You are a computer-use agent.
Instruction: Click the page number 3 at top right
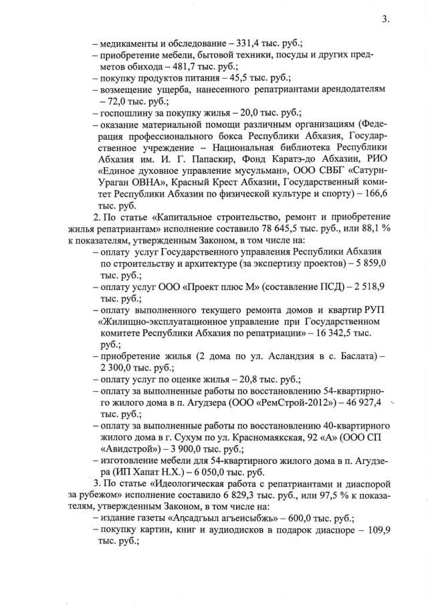(386, 19)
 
